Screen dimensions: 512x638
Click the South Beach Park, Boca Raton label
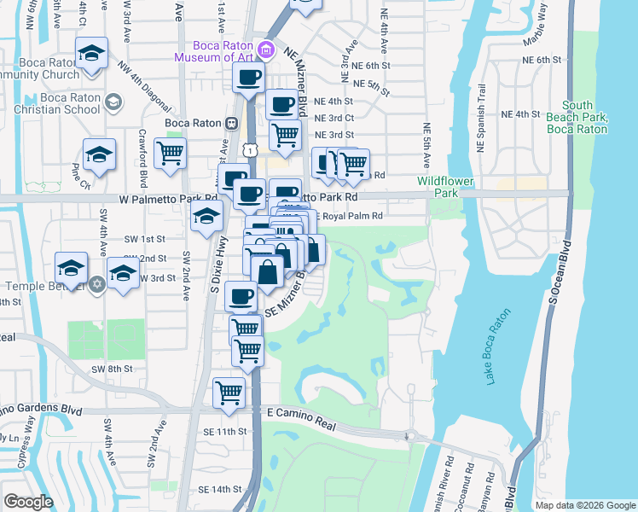click(583, 117)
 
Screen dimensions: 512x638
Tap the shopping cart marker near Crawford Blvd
click(170, 154)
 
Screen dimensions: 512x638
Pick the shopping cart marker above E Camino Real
click(229, 393)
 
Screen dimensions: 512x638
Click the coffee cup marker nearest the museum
click(248, 79)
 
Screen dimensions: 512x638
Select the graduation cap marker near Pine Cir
click(99, 154)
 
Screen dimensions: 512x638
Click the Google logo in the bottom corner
click(28, 502)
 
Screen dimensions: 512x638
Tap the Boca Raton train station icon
click(230, 123)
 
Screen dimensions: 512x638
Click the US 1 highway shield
click(248, 150)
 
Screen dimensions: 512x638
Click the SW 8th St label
click(113, 369)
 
